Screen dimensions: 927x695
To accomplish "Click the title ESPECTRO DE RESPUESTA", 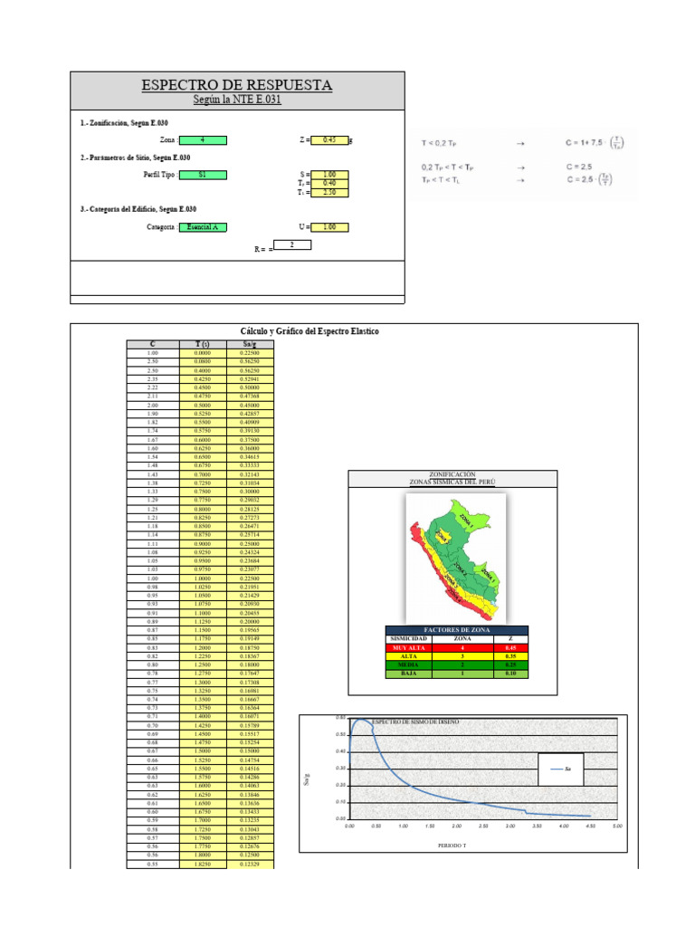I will click(237, 85).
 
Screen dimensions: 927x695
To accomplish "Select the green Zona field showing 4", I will click(203, 140).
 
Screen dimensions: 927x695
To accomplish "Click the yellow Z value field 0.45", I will click(329, 140).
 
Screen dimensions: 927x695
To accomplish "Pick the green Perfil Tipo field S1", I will click(203, 175).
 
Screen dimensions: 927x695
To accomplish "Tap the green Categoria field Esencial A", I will click(203, 227).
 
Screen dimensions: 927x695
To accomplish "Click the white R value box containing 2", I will click(291, 244).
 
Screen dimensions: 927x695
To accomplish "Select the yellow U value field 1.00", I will click(329, 227).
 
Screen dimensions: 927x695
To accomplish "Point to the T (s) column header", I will click(202, 344).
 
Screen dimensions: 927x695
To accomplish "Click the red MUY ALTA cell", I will click(414, 648).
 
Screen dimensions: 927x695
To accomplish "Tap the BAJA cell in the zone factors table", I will click(414, 673).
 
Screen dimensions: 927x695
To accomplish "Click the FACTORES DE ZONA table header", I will click(457, 630).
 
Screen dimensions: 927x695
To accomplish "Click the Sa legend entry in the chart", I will click(561, 769).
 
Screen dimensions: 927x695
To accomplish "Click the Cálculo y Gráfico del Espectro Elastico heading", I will click(309, 332).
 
